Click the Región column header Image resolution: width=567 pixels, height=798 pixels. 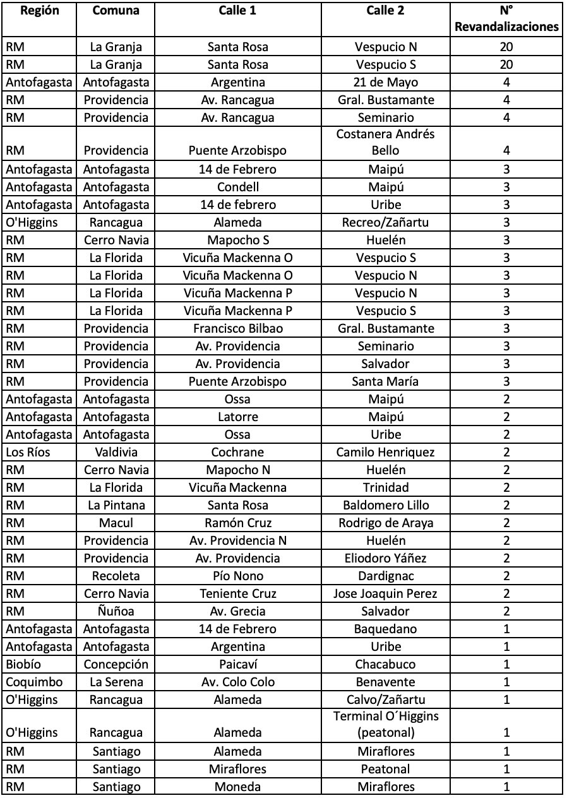point(39,11)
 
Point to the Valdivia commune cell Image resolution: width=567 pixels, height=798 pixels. point(116,452)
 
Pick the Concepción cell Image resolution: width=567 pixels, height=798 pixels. point(116,664)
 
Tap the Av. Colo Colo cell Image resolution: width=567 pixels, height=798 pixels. point(237,682)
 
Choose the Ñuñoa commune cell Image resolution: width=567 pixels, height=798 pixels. point(116,611)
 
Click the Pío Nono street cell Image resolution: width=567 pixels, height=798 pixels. point(237,576)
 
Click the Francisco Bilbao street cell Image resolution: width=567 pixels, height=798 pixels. point(237,328)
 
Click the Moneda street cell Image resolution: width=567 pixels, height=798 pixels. point(237,787)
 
